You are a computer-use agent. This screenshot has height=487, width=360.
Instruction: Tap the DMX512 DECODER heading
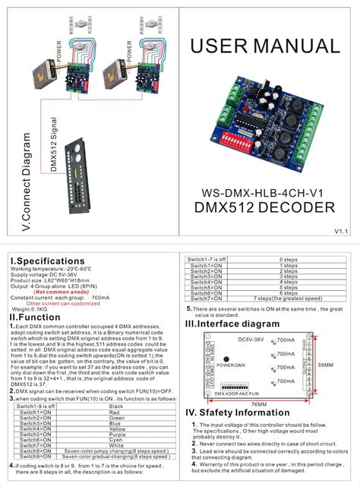pos(265,207)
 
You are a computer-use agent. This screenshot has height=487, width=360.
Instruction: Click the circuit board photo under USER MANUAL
pos(265,118)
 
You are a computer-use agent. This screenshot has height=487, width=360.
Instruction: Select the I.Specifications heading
pos(43,261)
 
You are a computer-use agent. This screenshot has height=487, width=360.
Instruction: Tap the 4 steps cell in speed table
pos(288,282)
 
